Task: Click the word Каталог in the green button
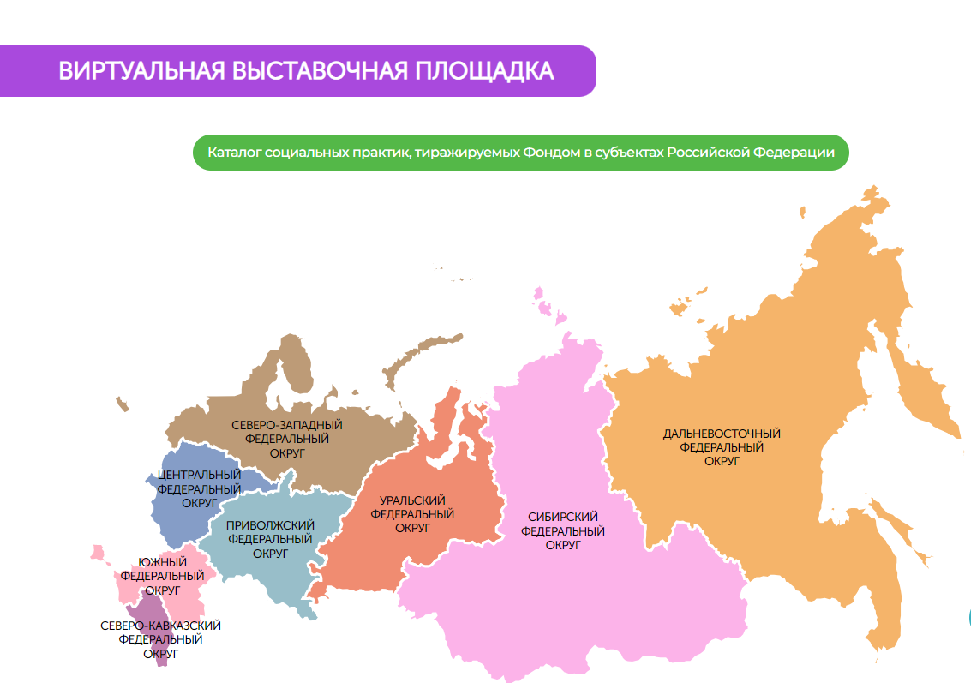(234, 153)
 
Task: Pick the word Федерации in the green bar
(794, 153)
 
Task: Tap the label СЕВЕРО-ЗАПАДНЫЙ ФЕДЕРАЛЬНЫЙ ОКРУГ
(287, 438)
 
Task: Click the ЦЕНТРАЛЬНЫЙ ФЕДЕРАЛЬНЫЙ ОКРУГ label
(200, 488)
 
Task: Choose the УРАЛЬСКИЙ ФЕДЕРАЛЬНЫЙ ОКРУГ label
(412, 513)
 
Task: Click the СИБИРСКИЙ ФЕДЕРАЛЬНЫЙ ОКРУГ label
(563, 530)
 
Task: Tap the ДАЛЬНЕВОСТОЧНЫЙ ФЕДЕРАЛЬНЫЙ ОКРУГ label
(722, 446)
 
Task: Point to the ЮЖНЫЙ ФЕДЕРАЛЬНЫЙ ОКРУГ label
(162, 576)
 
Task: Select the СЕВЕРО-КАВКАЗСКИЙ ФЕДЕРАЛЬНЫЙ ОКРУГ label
(160, 639)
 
